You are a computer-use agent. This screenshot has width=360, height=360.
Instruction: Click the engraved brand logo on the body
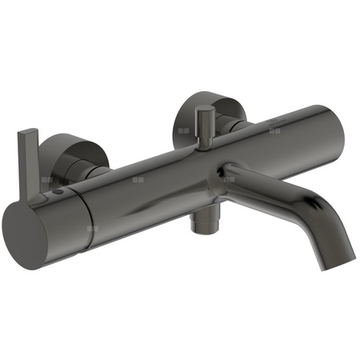(x=275, y=120)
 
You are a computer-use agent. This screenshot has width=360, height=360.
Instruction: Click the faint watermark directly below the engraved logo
(x=275, y=130)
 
